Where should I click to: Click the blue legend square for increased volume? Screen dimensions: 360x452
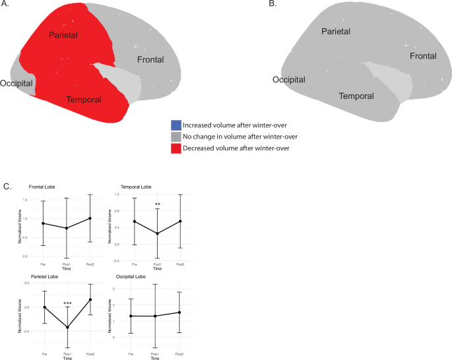point(176,125)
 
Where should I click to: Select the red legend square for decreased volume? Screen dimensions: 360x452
point(176,148)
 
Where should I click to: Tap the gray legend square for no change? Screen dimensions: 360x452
point(176,136)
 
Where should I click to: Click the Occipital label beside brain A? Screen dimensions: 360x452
point(17,84)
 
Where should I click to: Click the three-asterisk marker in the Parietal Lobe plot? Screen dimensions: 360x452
point(67,304)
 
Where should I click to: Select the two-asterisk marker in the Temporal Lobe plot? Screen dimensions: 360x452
point(158,204)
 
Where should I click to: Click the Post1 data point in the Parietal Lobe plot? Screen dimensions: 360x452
point(67,327)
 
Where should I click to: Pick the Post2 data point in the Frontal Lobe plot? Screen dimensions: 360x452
point(89,218)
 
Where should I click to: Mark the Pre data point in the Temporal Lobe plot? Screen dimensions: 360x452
point(135,222)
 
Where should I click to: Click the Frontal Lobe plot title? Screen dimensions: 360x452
point(42,188)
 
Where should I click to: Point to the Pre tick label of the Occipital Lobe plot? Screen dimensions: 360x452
point(135,354)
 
